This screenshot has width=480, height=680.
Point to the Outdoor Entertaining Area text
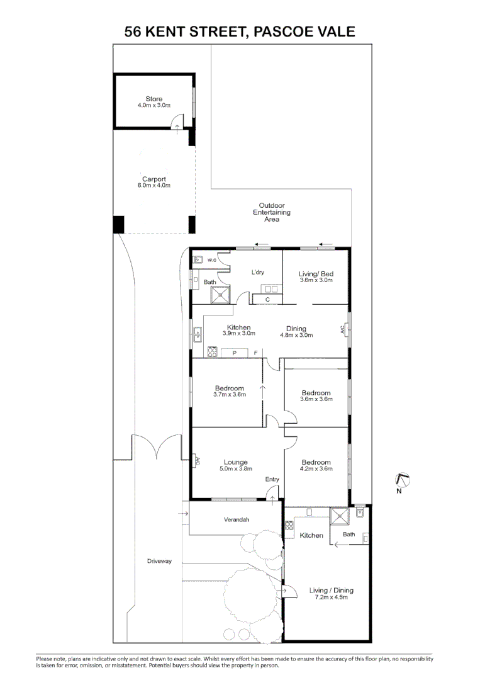[x=272, y=212]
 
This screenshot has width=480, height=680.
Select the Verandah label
[x=237, y=519]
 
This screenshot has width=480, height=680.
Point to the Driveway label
[x=160, y=560]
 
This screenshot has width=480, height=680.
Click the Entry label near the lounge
[x=272, y=479]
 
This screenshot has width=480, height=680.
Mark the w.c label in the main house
[x=213, y=259]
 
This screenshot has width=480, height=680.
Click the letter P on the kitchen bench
[x=234, y=353]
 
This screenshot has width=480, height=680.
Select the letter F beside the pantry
[x=255, y=353]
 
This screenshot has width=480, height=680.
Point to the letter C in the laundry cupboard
[x=267, y=300]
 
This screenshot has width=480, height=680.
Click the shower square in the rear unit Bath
[x=340, y=516]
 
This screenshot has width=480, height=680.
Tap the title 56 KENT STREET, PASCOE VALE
[x=240, y=31]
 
